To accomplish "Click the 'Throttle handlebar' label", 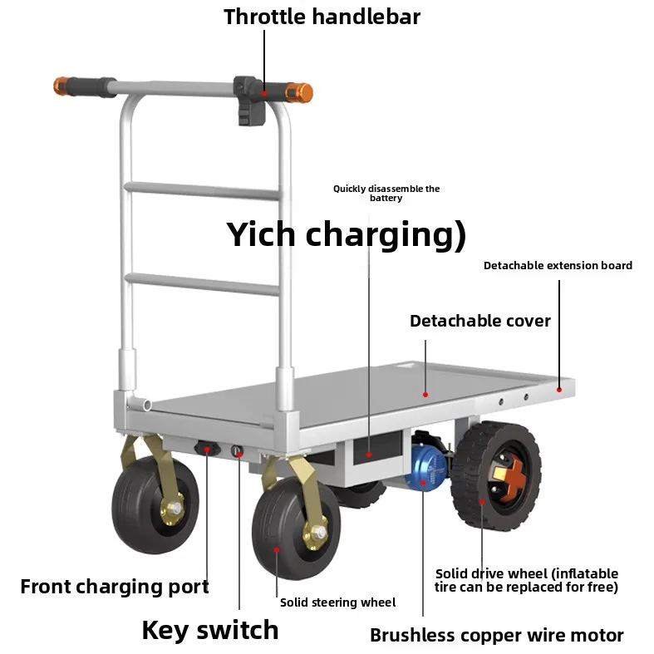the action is click(322, 17).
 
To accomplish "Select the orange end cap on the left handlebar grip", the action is click(61, 86).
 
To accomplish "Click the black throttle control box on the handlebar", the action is click(250, 100).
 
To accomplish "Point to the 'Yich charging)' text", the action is click(346, 234).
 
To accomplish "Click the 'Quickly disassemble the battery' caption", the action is click(386, 193).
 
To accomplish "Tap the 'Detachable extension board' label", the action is click(558, 266).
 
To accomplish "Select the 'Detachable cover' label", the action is click(480, 321).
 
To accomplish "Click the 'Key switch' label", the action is click(209, 630).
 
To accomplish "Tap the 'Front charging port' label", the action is click(115, 587).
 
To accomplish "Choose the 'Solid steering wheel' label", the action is click(338, 602).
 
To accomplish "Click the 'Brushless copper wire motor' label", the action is click(497, 635).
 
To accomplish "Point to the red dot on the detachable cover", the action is click(425, 395).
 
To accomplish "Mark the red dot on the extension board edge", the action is click(559, 390).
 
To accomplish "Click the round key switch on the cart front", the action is click(238, 451).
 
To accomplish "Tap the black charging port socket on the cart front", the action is click(207, 449).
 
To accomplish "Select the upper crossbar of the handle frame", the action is click(202, 190).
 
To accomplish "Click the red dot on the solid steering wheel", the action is click(276, 550).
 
